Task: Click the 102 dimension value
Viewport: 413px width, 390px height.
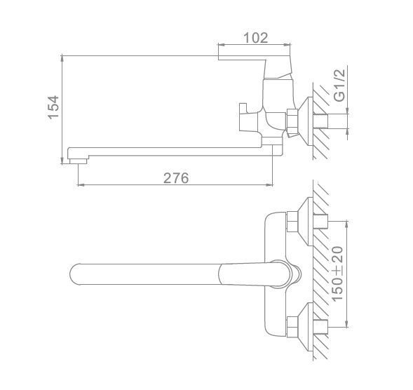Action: click(255, 38)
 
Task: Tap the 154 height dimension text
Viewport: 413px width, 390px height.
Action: click(53, 107)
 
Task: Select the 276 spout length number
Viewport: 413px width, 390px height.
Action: click(176, 178)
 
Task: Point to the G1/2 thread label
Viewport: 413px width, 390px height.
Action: click(339, 85)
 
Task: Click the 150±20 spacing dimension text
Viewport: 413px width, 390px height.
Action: click(337, 274)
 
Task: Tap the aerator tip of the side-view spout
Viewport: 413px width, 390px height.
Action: click(79, 161)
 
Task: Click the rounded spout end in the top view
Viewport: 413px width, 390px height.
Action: click(75, 274)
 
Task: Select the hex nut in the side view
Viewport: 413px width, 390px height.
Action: click(292, 121)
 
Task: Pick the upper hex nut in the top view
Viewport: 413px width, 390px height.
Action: click(292, 222)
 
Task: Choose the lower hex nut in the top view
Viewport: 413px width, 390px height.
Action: click(292, 327)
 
